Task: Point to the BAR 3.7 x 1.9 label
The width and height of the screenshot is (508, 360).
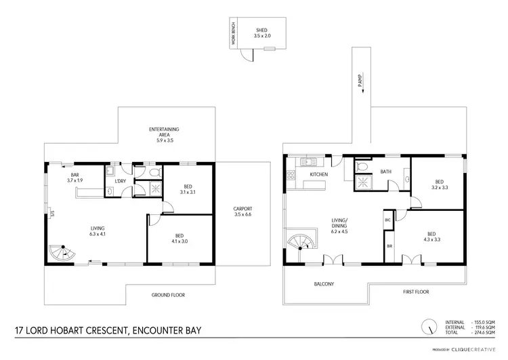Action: tap(75, 178)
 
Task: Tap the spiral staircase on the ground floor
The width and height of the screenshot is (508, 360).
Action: tap(62, 254)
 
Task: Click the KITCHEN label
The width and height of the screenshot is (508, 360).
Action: tap(319, 175)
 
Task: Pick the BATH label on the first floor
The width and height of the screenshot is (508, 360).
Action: tap(387, 172)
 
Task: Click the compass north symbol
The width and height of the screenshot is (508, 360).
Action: tap(428, 327)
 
